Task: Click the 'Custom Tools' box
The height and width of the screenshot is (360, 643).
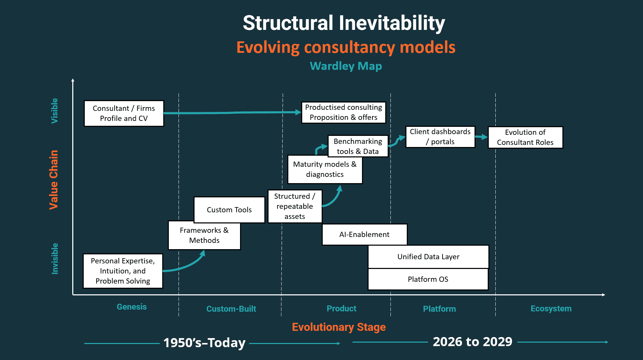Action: click(x=229, y=210)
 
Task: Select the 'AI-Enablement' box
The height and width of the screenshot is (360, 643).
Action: click(x=364, y=235)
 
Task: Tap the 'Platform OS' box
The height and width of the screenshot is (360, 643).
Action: click(x=428, y=279)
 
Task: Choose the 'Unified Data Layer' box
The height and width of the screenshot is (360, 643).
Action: click(x=428, y=257)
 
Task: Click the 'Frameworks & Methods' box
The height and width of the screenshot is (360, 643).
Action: click(x=204, y=235)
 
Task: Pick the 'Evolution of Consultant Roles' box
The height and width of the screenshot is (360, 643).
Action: click(x=525, y=137)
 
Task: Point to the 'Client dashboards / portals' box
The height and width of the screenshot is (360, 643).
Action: click(x=440, y=137)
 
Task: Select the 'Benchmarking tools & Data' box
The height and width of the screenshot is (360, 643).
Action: click(x=358, y=146)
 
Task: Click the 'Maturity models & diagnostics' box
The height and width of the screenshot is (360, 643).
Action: click(x=325, y=169)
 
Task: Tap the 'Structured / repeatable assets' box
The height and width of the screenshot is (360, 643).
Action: click(x=295, y=206)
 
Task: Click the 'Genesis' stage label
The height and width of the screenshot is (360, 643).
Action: click(x=132, y=307)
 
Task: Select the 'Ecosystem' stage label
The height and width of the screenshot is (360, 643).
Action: click(x=551, y=309)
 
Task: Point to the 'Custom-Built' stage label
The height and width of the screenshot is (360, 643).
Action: click(x=231, y=309)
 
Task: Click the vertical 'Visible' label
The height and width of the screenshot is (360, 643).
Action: click(x=55, y=111)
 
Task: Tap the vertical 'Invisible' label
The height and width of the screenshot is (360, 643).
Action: click(x=55, y=259)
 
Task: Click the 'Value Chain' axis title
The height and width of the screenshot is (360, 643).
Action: click(x=53, y=180)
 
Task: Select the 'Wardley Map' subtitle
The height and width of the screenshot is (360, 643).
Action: click(x=346, y=66)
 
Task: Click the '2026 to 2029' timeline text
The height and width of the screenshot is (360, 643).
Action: click(x=472, y=342)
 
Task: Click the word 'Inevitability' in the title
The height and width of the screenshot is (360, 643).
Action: click(x=392, y=23)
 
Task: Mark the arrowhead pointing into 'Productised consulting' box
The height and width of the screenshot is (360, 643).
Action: click(x=298, y=112)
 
